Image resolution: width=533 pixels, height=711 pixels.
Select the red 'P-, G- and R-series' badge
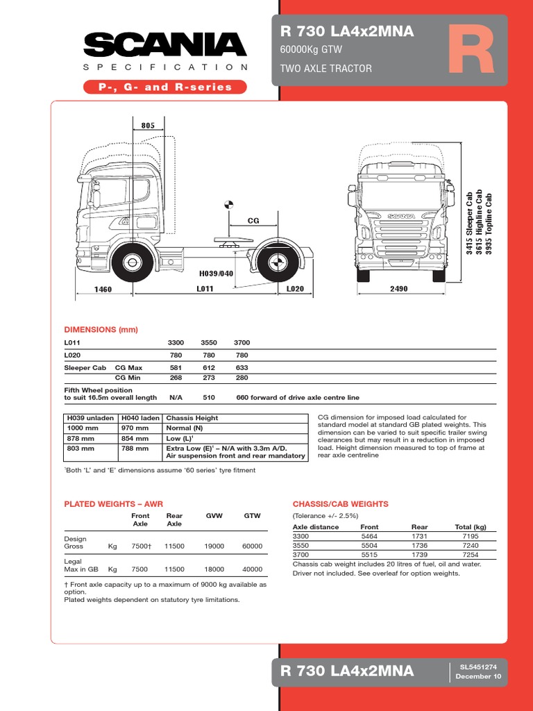pos(165,87)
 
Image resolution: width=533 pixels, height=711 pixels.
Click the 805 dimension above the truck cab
pos(148,126)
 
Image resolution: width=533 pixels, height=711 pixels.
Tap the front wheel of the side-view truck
pos(132,262)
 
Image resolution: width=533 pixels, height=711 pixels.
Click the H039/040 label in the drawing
pos(217,274)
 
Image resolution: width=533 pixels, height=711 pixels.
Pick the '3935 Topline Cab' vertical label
pos(489,222)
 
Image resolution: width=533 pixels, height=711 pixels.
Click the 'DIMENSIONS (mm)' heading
pos(101,329)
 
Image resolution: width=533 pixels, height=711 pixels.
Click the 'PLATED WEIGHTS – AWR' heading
pos(113,504)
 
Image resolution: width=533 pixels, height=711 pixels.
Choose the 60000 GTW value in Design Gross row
pos(252,546)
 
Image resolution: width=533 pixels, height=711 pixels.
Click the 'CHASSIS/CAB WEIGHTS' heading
pos(340,504)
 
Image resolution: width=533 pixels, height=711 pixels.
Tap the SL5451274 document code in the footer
pos(478,667)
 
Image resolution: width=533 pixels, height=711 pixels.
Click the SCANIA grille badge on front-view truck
pos(401,216)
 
